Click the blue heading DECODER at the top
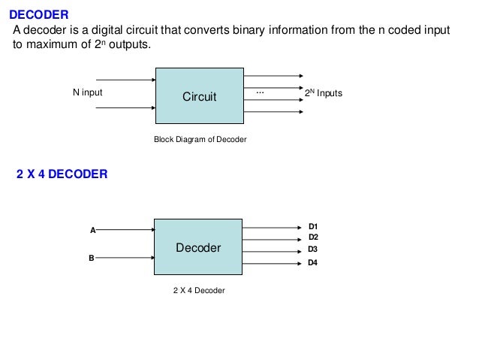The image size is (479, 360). (38, 14)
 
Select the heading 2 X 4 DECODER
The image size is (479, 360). (62, 174)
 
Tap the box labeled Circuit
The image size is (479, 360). (199, 96)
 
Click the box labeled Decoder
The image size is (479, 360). (198, 247)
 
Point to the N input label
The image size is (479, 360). (87, 93)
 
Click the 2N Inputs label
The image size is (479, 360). (323, 93)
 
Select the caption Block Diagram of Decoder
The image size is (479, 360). (200, 140)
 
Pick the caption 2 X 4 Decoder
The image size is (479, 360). (198, 290)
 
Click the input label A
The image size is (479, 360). (92, 231)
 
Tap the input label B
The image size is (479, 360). (92, 258)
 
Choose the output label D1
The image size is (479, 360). (313, 226)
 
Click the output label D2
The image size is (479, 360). (313, 237)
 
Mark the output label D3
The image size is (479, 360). (313, 249)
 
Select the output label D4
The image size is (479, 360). (313, 262)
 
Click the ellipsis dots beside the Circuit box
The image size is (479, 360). (261, 91)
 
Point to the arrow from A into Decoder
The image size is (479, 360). (125, 230)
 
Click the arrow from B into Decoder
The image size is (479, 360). (125, 257)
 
